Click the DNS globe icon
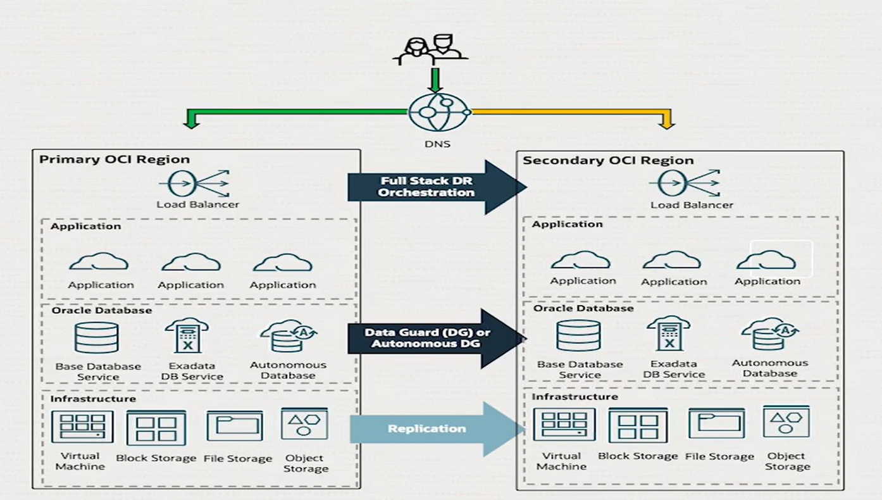439,113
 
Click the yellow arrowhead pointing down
666,122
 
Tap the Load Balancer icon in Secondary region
690,184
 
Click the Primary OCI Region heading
114,159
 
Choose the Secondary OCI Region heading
607,161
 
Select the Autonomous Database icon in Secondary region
770,334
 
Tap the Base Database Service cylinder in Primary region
96,337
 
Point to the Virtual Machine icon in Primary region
82,427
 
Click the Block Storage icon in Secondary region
638,425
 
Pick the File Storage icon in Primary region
235,425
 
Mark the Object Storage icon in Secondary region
786,422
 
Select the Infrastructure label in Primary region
93,399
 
